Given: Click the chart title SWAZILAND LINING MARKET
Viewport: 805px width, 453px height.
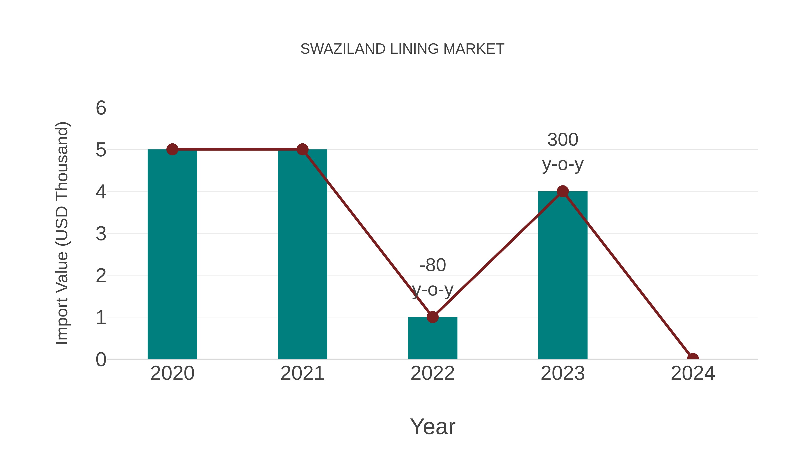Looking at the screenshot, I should (402, 49).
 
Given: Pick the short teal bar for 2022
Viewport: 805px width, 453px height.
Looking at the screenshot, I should (432, 339).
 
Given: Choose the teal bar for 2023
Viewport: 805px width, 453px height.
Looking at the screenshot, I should (563, 275).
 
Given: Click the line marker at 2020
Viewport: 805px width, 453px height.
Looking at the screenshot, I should (172, 149).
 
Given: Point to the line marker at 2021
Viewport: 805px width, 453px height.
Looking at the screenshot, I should (302, 149).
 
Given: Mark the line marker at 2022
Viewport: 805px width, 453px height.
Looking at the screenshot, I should (432, 317).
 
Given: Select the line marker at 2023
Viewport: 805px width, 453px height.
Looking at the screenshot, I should (563, 191).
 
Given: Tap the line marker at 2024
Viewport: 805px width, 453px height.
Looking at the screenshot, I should (693, 358).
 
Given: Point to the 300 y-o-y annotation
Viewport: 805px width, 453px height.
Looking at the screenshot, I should (563, 152).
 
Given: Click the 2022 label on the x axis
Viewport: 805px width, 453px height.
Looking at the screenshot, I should (432, 373).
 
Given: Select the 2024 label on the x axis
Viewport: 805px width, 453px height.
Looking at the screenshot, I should (693, 373).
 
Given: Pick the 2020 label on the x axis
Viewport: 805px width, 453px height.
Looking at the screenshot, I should (172, 373).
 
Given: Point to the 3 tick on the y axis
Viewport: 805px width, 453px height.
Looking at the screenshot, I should (101, 234).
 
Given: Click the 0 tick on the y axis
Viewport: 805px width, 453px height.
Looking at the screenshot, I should (101, 359).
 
